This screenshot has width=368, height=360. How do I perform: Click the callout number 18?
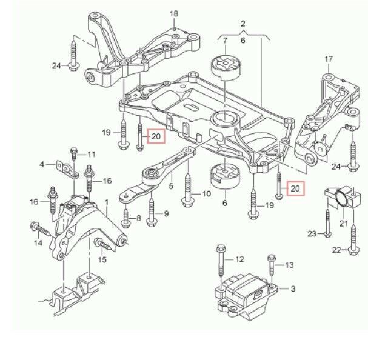point(174,13)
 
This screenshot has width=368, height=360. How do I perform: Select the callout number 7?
point(225,41)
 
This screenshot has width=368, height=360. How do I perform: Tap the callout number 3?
point(293,288)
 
